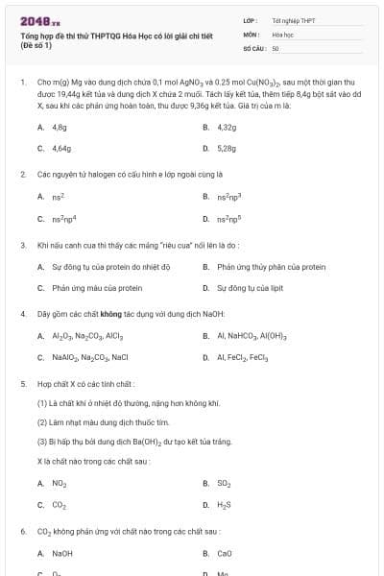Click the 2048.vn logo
pos(39,20)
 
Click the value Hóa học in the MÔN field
pos(282,34)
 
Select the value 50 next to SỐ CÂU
pos(276,47)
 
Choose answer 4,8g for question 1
pos(60,127)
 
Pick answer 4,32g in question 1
pos(227,127)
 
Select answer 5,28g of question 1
pos(227,149)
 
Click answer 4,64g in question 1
pos(61,149)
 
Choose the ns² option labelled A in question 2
pos(58,196)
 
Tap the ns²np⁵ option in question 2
pos(229,218)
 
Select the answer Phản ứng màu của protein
pos(97,287)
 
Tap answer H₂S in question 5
pos(225,504)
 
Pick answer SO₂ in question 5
pos(225,483)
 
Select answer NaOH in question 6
pos(62,553)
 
